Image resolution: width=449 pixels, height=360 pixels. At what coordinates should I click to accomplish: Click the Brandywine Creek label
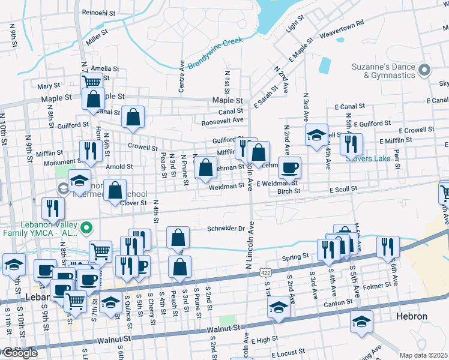[214, 54]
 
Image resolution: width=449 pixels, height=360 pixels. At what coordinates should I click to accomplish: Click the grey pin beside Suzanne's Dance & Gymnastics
[424, 70]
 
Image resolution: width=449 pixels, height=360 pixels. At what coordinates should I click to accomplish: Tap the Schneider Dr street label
[226, 229]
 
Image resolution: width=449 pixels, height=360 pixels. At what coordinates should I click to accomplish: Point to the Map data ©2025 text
[423, 355]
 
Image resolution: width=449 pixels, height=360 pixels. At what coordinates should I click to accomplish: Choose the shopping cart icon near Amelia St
[91, 82]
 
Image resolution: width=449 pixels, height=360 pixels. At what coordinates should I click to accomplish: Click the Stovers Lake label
[368, 158]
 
